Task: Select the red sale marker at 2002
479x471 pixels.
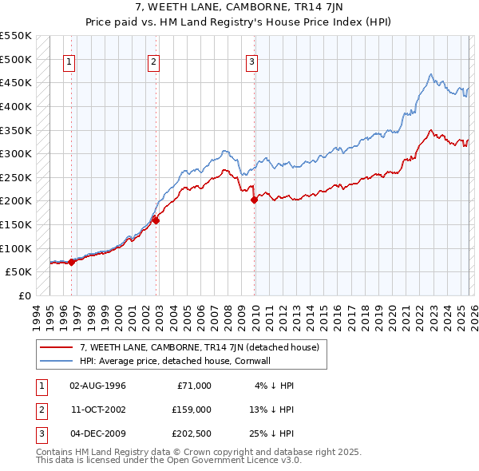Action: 156,221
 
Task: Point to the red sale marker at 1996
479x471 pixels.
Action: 71,262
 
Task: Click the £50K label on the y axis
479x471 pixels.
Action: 18,271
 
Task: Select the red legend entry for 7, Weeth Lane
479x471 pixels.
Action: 199,347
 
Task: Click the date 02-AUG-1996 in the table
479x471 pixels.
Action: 97,386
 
